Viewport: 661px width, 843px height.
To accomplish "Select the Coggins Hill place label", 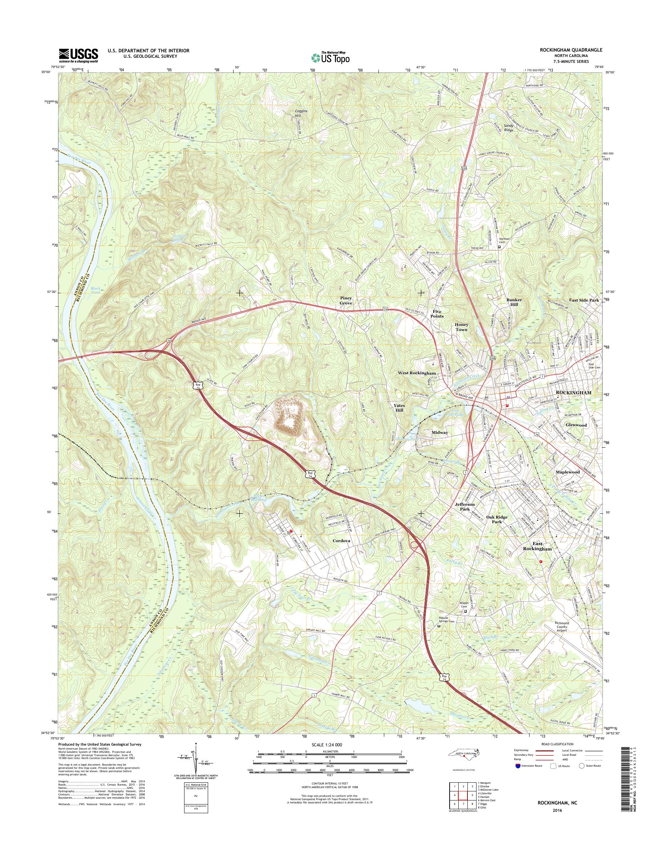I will coord(301,113).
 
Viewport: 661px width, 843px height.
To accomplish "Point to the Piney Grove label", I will coord(346,301).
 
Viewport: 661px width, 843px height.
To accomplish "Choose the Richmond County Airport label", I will coord(567,626).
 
